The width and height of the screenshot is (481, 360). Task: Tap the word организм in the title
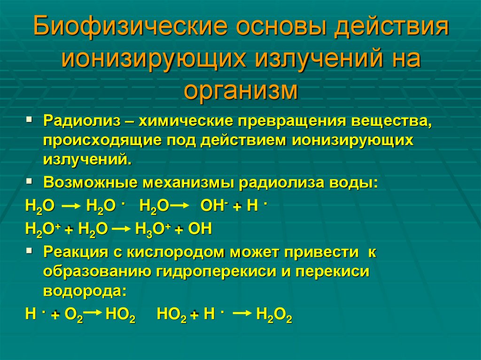240,90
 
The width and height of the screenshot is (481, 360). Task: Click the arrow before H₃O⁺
122,229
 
